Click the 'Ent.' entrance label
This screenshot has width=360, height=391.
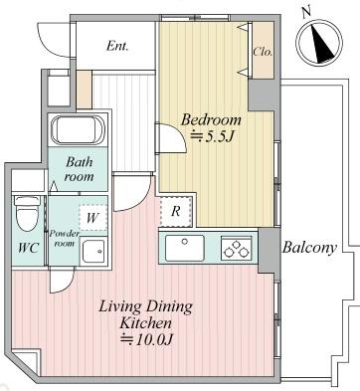[117, 46]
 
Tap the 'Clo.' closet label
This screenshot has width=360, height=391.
[263, 52]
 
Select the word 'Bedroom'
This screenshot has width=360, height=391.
[211, 119]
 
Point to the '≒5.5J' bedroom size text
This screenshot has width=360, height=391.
[210, 136]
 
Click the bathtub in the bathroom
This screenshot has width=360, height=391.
[78, 129]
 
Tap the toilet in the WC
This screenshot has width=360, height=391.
[27, 213]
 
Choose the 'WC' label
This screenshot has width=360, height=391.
[28, 248]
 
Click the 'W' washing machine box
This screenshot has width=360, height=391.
[92, 218]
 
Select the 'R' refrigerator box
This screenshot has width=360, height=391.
[176, 211]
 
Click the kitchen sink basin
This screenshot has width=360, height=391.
[185, 248]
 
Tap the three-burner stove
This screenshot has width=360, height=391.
[236, 249]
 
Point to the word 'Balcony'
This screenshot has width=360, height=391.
[309, 248]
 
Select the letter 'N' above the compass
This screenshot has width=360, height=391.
[306, 13]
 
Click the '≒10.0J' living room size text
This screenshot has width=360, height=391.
[146, 339]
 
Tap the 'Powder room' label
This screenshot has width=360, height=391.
[65, 238]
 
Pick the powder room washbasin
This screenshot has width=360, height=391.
[93, 251]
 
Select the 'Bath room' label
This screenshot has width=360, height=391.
[79, 169]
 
